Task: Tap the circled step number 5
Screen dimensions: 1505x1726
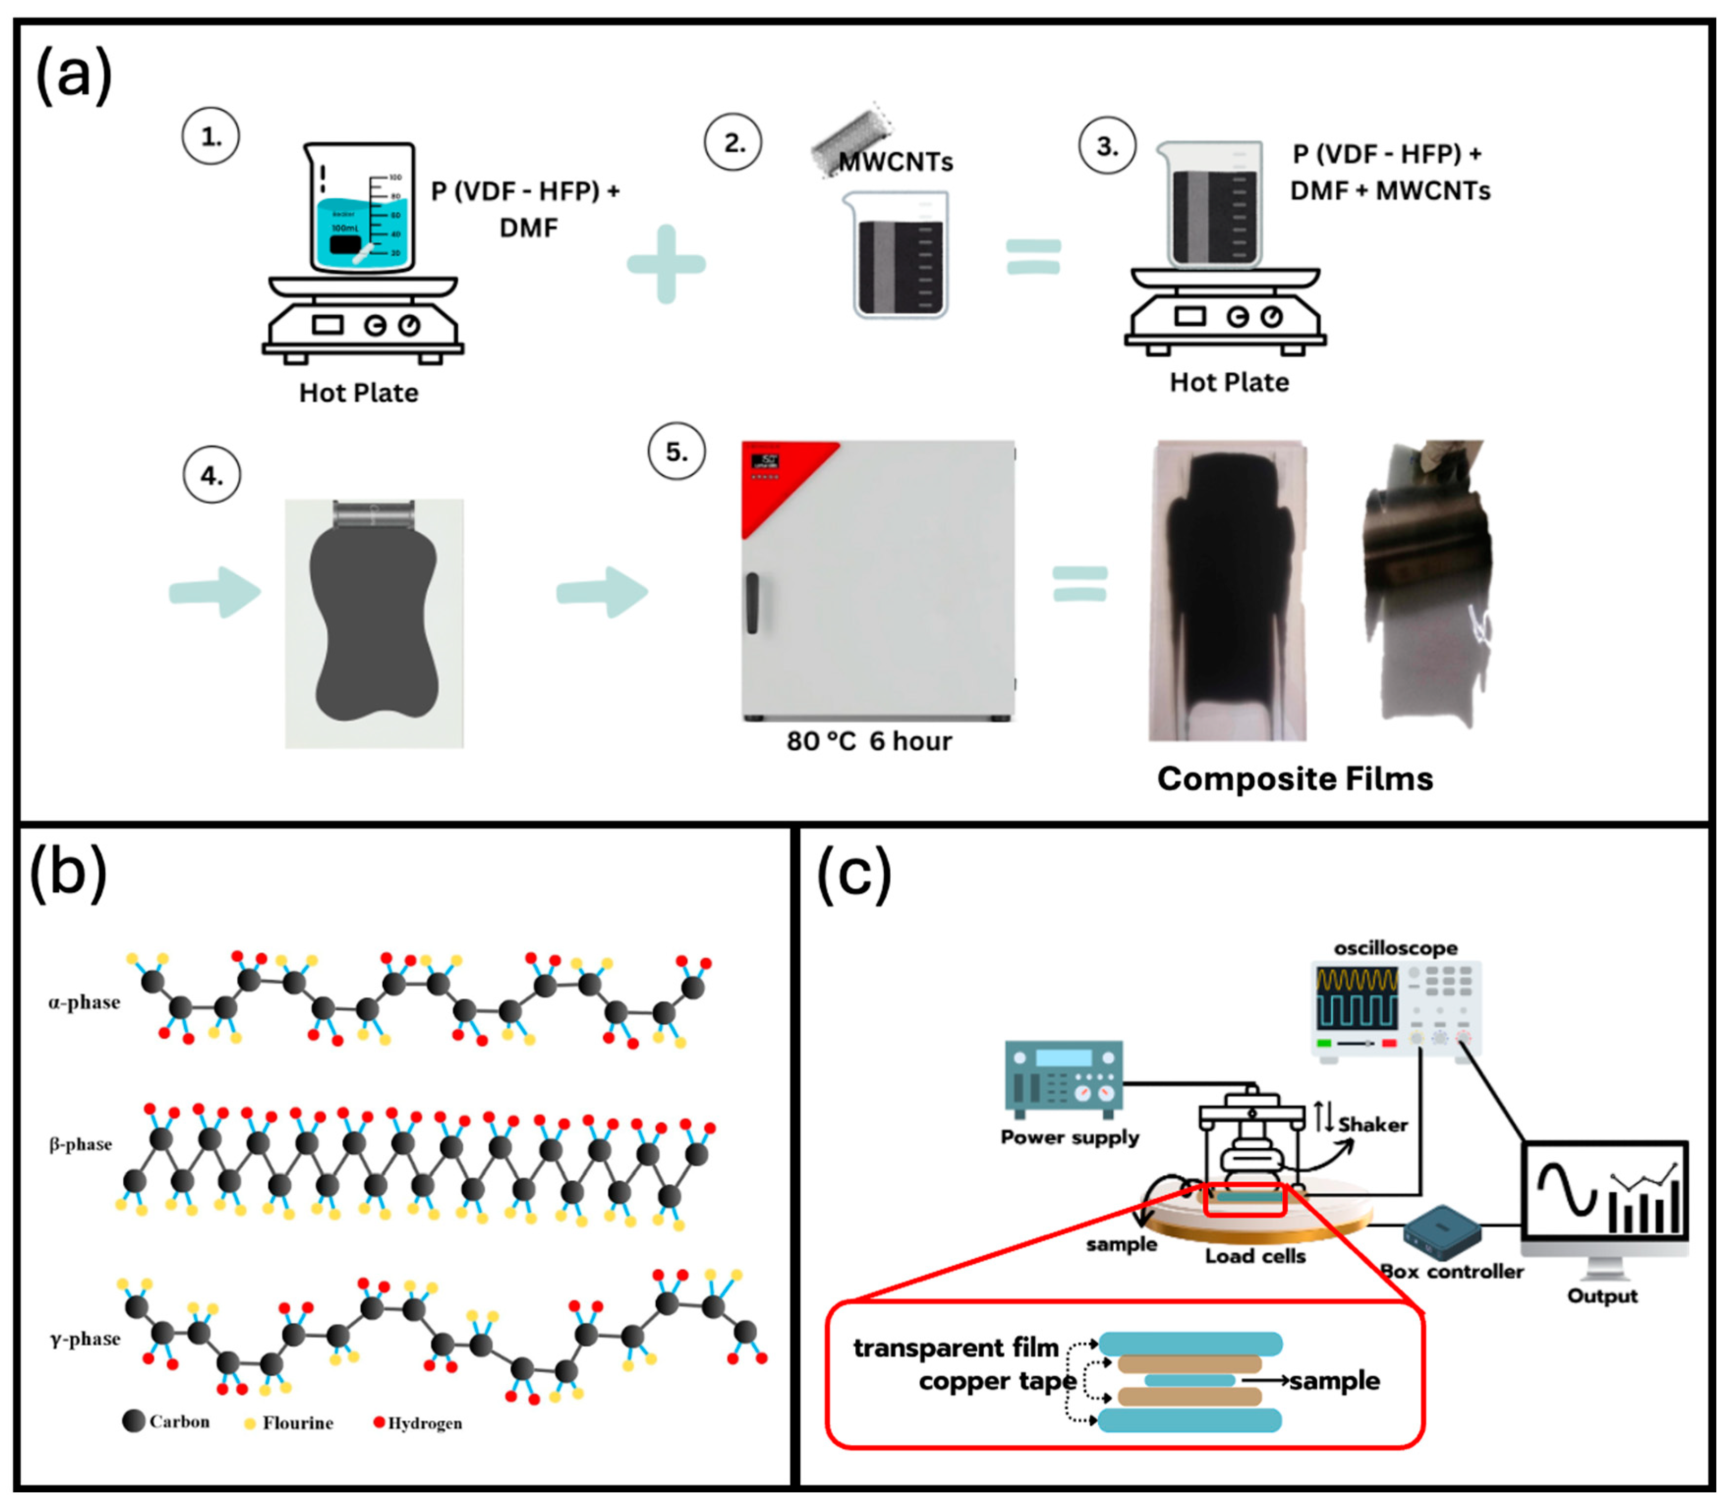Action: pos(676,452)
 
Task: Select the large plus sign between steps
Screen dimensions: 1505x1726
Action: pos(666,264)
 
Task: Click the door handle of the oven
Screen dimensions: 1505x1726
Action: pos(753,602)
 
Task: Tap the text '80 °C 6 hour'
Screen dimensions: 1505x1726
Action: pos(869,741)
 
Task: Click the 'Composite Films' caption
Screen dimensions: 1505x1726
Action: pos(1294,778)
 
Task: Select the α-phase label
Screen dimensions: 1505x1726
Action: pos(84,1002)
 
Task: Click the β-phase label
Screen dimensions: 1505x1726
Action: pos(81,1144)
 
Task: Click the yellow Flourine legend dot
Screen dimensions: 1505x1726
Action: pos(250,1423)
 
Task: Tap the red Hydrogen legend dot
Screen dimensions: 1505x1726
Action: pos(379,1422)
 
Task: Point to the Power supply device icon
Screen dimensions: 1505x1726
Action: pos(1063,1079)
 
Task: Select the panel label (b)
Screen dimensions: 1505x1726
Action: pos(69,874)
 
